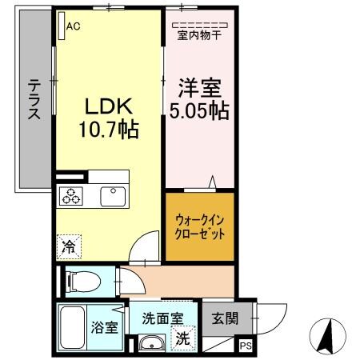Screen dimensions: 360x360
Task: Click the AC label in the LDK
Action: (x=74, y=26)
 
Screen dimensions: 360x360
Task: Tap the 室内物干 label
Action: (x=198, y=35)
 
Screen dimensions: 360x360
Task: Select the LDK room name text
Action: (x=106, y=106)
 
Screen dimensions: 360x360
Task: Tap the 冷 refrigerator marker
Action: (x=69, y=247)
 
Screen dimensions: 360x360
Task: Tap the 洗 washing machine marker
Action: (x=182, y=338)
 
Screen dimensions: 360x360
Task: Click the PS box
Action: (x=245, y=346)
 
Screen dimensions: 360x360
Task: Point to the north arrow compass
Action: (x=327, y=335)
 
